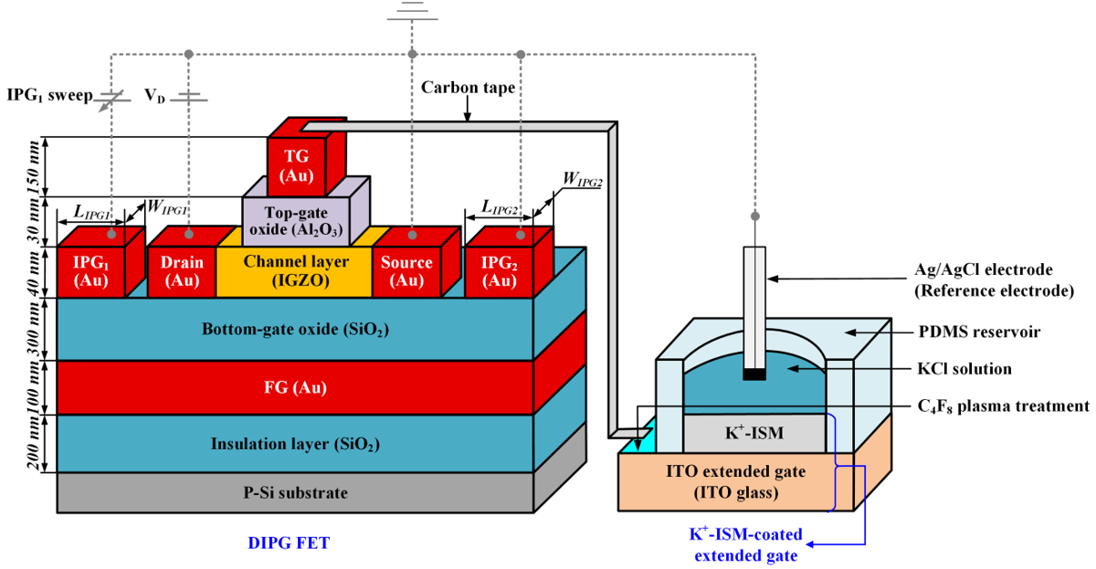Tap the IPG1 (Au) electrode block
pyautogui.click(x=91, y=271)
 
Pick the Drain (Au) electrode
pyautogui.click(x=181, y=271)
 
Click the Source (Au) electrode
pyautogui.click(x=406, y=271)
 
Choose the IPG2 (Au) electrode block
pyautogui.click(x=499, y=271)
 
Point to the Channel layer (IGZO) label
pyautogui.click(x=296, y=271)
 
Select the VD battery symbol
pyautogui.click(x=189, y=96)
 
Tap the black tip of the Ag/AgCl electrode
pyautogui.click(x=753, y=374)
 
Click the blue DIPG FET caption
pyautogui.click(x=289, y=543)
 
